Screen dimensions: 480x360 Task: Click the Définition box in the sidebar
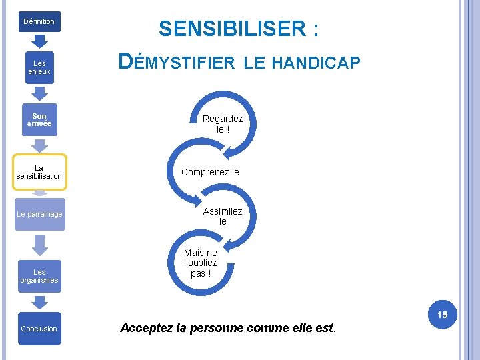click(39, 21)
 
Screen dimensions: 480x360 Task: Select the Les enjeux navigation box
click(39, 67)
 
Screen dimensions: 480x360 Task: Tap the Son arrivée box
click(39, 120)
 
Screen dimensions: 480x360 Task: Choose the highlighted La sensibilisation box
click(39, 172)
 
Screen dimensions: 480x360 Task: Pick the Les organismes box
click(39, 276)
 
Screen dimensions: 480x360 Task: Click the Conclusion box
click(39, 329)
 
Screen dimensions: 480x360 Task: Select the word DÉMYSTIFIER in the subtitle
click(177, 63)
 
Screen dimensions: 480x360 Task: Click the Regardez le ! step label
click(223, 124)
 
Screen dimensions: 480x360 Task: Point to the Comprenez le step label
click(210, 172)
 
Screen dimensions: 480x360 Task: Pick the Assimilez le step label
click(223, 216)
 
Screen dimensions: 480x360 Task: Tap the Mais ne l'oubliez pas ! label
click(201, 263)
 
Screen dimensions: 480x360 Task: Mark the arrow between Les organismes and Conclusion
click(39, 301)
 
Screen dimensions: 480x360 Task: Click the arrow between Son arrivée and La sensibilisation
click(39, 145)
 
